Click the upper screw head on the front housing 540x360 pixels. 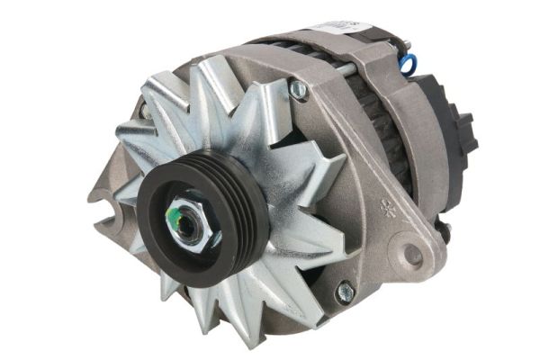coord(298,89)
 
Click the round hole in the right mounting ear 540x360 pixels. coord(412,255)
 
